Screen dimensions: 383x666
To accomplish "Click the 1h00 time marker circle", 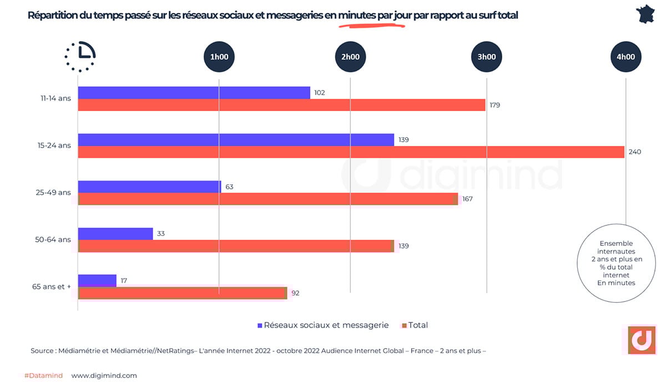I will pos(219,57).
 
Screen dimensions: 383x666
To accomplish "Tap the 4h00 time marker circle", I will pos(625,57).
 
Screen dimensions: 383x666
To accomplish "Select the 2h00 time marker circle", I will pos(350,57).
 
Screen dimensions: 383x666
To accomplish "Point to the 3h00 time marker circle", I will pos(487,57).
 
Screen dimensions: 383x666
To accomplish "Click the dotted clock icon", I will pos(80,56).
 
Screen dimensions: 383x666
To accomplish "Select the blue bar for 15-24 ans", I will pos(236,140).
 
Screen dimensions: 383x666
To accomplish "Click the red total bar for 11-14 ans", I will pos(281,105).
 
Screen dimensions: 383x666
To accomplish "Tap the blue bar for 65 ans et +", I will pos(97,280).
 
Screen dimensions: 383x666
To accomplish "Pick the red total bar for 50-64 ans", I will pos(236,246).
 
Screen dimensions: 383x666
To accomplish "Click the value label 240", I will pos(635,152).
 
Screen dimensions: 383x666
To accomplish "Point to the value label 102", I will pos(319,93).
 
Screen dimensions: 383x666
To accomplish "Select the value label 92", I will pos(295,293).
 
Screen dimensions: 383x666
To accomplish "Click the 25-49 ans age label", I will pos(53,193).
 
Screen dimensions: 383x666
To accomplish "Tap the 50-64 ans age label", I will pos(53,240).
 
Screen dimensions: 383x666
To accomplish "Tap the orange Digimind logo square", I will pos(642,340).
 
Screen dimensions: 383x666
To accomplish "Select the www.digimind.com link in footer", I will pos(104,375).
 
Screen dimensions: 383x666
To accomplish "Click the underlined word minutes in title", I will pos(357,16).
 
